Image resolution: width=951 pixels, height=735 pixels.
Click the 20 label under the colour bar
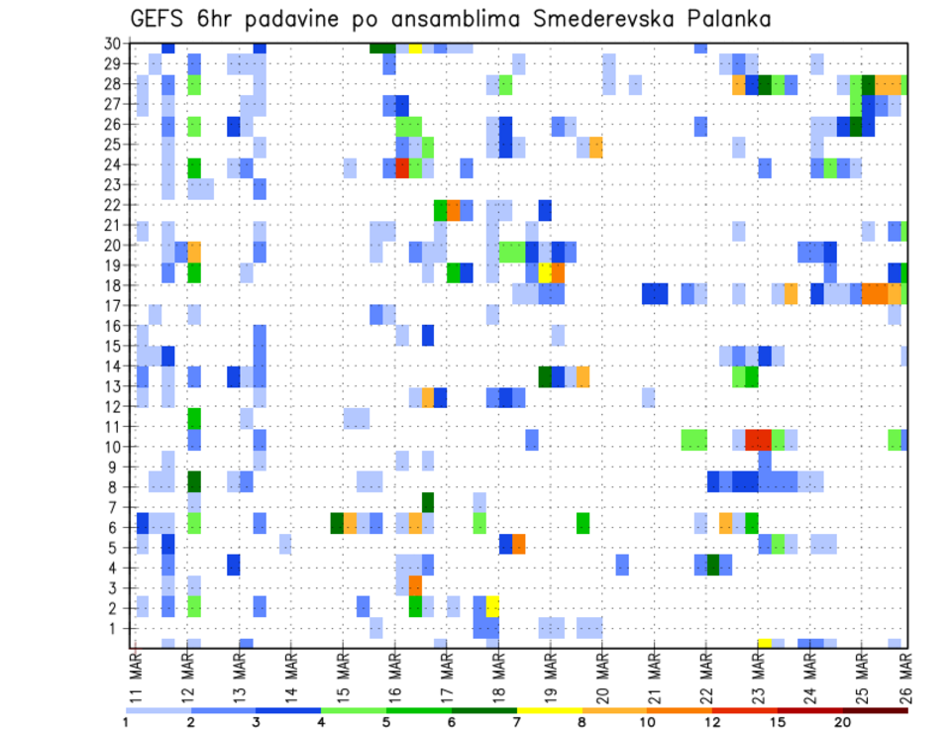point(843,721)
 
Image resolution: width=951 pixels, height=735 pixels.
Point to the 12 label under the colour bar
point(712,721)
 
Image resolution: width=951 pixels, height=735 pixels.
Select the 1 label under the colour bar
point(126,721)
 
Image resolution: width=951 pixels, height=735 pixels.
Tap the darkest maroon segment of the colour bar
point(876,710)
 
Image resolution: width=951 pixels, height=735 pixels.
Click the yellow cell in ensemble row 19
point(544,271)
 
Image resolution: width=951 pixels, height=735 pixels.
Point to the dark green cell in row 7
point(428,503)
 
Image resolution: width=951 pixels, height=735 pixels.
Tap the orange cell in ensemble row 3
point(415,586)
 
